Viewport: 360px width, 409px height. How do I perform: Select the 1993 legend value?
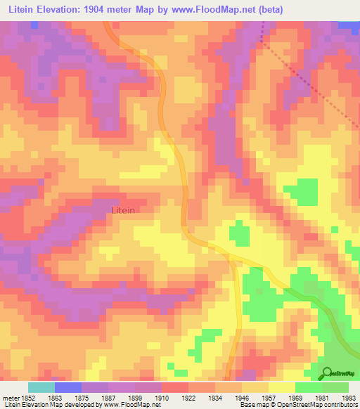349,397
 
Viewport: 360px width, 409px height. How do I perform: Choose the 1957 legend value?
269,397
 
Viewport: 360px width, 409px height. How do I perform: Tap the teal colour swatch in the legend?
41,387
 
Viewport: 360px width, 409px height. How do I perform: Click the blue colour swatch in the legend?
67,387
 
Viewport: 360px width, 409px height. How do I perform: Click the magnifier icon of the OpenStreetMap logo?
327,374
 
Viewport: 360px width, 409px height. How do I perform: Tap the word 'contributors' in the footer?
340,405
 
